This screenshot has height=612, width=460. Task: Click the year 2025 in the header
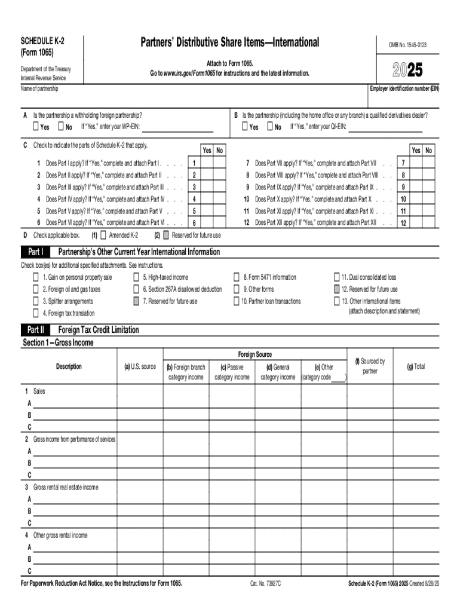(407, 71)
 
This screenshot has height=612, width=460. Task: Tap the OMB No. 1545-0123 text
(408, 45)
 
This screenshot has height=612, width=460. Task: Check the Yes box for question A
(36, 127)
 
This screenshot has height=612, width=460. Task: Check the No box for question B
(269, 127)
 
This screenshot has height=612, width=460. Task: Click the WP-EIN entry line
(177, 127)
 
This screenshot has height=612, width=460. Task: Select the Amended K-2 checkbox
(104, 235)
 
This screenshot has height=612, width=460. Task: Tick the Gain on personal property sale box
(36, 277)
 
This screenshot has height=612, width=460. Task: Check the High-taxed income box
(136, 277)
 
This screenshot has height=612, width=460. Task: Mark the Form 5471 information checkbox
(237, 277)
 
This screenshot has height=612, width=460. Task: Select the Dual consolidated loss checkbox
(336, 277)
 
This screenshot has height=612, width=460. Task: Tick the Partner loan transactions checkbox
(237, 301)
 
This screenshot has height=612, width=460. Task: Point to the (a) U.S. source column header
(139, 366)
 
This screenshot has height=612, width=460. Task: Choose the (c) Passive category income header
(232, 372)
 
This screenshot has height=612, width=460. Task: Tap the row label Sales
(39, 391)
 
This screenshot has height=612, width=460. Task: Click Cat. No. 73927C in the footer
(265, 583)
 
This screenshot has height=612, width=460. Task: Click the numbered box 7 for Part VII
(403, 163)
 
